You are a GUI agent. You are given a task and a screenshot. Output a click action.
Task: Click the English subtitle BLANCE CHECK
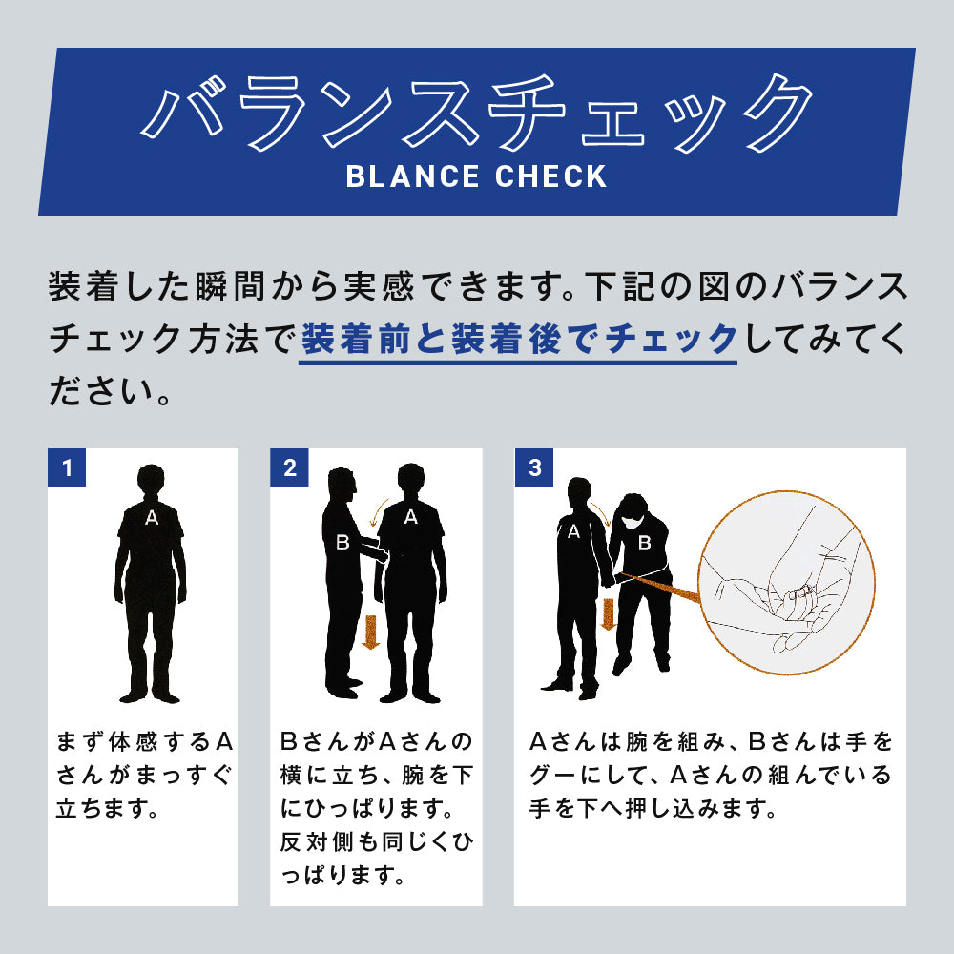[476, 176]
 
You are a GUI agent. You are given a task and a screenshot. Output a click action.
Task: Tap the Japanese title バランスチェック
[477, 113]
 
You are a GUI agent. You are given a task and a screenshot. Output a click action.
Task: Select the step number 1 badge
[67, 467]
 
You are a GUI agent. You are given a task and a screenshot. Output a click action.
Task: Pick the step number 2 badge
[289, 467]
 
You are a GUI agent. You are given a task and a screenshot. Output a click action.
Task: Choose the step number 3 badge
[533, 467]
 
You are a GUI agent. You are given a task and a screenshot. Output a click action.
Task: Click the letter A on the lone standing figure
[151, 518]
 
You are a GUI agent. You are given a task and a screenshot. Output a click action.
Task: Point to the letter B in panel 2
[342, 543]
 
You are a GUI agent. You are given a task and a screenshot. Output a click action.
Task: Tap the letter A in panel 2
[410, 517]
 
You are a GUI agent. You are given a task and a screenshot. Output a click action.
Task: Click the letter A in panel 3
[573, 532]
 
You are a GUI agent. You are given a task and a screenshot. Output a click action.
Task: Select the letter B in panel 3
[644, 543]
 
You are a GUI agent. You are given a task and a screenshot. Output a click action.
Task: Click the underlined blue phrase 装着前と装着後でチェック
[518, 340]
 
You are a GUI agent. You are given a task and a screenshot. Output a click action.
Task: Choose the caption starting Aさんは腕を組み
[710, 776]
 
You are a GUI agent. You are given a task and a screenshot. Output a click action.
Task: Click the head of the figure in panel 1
[151, 481]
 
